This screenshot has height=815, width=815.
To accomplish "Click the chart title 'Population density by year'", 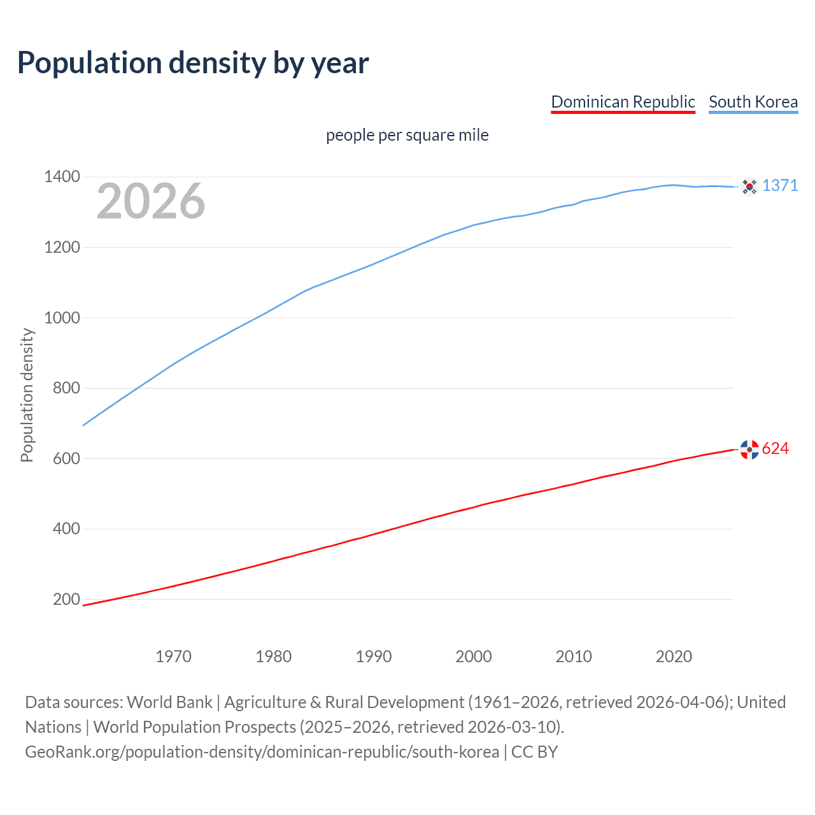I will click(193, 63).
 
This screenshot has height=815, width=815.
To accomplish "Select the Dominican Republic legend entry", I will click(623, 102).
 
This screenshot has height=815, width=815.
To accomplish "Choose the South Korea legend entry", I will click(753, 102).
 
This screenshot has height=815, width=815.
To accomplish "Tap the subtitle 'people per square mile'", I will click(407, 135).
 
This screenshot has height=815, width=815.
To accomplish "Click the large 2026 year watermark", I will click(151, 201).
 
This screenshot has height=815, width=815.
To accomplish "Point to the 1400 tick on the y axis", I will click(62, 176).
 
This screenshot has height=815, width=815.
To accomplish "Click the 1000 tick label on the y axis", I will click(62, 318).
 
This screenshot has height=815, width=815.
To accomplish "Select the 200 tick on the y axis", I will click(66, 599).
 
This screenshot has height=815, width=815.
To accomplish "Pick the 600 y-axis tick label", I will click(66, 458).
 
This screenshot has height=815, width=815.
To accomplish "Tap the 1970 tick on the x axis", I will click(173, 656).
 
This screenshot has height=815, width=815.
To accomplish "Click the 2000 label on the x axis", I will click(473, 656).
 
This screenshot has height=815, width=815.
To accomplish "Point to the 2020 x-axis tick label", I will click(674, 656).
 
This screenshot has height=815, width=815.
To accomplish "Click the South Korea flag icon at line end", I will click(749, 187).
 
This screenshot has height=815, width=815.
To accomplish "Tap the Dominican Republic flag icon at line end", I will click(749, 450).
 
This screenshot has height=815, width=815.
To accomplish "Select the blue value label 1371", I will click(780, 185).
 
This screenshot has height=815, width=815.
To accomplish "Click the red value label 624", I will click(775, 449).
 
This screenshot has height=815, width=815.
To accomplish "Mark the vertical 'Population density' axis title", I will click(27, 395).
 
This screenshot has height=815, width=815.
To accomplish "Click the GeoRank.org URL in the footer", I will click(262, 752).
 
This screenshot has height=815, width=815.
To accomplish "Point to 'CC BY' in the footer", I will click(534, 752).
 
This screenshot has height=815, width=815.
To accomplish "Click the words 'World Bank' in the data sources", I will click(169, 702).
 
